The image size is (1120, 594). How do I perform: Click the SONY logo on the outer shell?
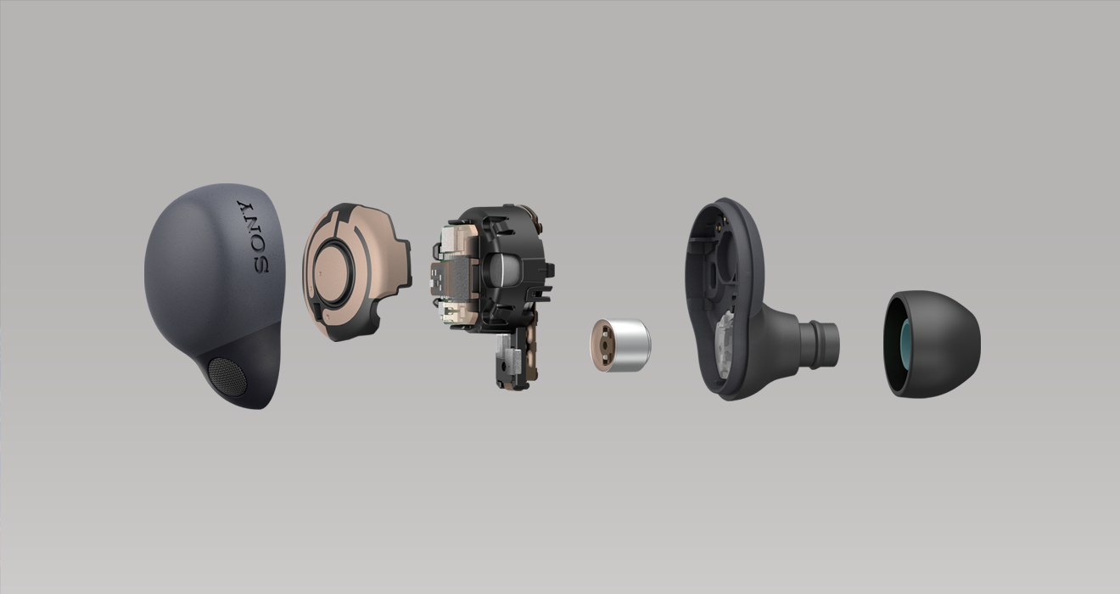pyautogui.click(x=254, y=237)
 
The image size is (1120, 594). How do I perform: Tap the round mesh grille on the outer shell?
pyautogui.click(x=227, y=377)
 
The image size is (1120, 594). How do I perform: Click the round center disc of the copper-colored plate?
pyautogui.click(x=332, y=272)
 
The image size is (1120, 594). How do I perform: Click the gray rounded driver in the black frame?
pyautogui.click(x=503, y=271)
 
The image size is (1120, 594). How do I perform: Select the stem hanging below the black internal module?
pyautogui.click(x=515, y=356)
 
